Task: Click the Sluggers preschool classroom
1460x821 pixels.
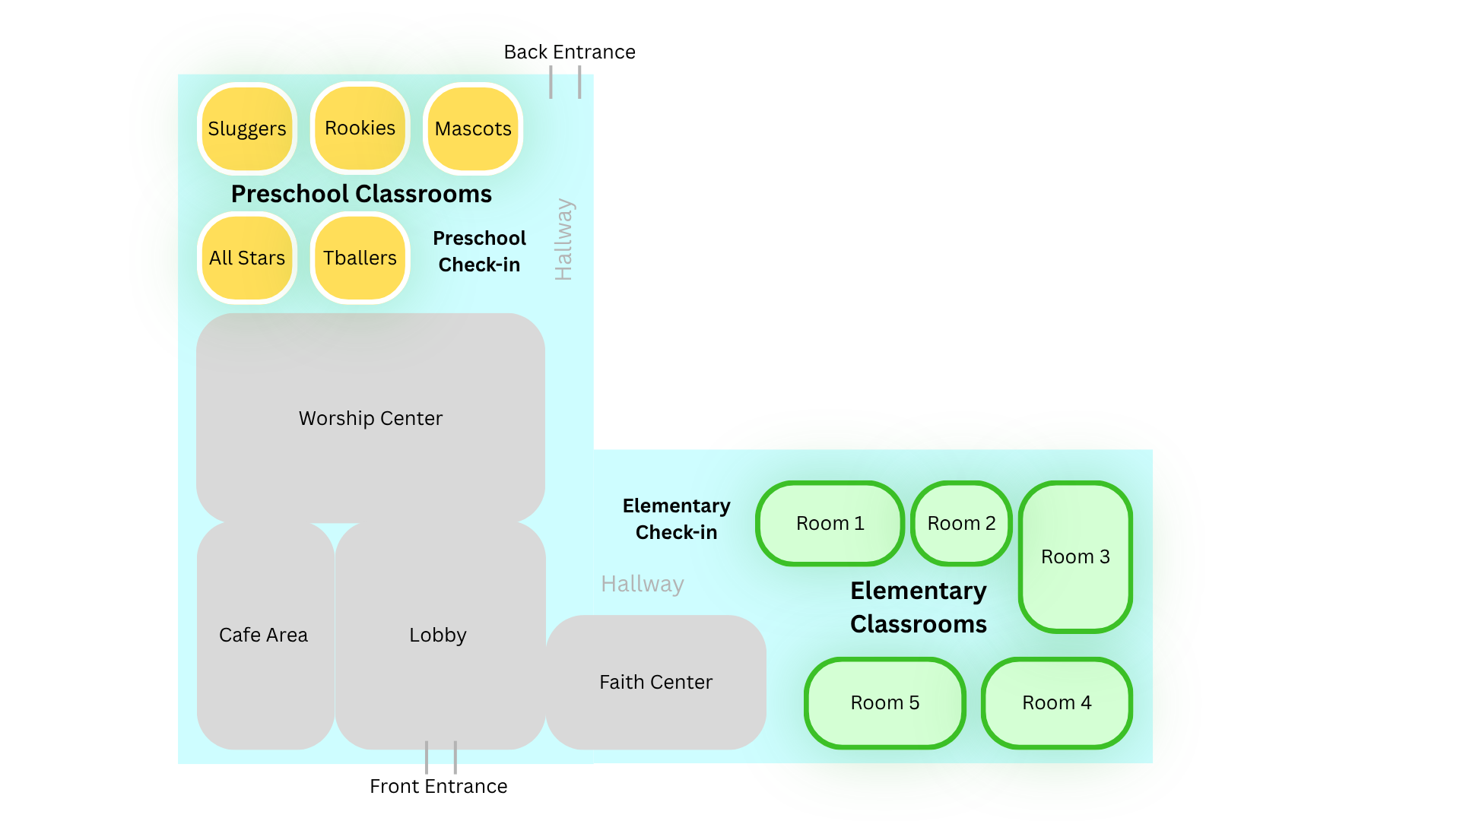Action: [247, 128]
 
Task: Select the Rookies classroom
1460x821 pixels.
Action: [360, 128]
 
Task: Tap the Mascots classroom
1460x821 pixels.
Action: [473, 128]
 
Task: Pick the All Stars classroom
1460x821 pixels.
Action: [247, 258]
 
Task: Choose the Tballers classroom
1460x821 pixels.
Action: [360, 258]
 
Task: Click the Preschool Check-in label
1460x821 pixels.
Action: [479, 252]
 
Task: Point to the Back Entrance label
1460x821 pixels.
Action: [570, 52]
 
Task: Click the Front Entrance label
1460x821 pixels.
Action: [439, 786]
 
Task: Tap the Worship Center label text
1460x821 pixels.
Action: [370, 418]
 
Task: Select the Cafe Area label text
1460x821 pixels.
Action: [263, 635]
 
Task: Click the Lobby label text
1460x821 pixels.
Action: [438, 635]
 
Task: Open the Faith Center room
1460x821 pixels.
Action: [655, 682]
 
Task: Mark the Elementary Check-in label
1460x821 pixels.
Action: [677, 519]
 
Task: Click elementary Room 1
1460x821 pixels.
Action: [830, 523]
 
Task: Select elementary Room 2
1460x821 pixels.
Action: [961, 523]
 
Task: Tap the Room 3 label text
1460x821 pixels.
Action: [1075, 556]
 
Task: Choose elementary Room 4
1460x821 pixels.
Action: [1057, 703]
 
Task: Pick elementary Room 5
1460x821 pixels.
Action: [885, 703]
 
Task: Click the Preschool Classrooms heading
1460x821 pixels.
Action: [361, 194]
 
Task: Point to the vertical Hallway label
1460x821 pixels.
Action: [563, 239]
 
